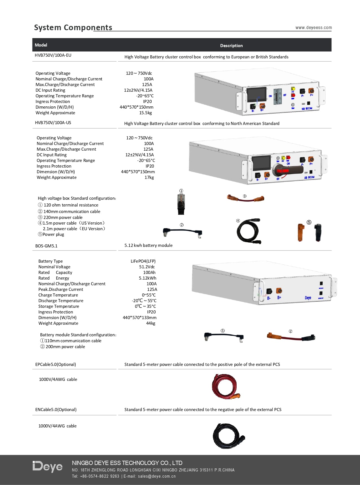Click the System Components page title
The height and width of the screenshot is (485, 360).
(x=73, y=27)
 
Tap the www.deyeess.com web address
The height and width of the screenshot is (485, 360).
(x=314, y=28)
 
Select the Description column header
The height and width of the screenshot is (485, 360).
(x=231, y=45)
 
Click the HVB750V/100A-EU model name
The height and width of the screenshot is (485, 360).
(x=53, y=55)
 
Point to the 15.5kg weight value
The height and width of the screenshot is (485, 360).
(x=145, y=113)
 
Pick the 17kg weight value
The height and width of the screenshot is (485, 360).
(x=149, y=177)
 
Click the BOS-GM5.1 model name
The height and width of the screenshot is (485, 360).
(x=46, y=246)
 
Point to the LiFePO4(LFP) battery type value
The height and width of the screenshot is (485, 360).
(x=143, y=261)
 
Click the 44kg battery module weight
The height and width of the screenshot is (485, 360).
(x=151, y=323)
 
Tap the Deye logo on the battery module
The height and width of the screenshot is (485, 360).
(x=308, y=298)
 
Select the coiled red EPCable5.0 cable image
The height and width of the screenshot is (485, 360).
(x=226, y=387)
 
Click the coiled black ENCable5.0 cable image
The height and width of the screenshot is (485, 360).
(x=228, y=436)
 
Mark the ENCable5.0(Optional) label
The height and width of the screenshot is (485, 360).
(x=56, y=410)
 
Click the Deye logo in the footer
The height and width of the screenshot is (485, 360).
(x=47, y=467)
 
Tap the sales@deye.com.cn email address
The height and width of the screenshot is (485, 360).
(x=157, y=476)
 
